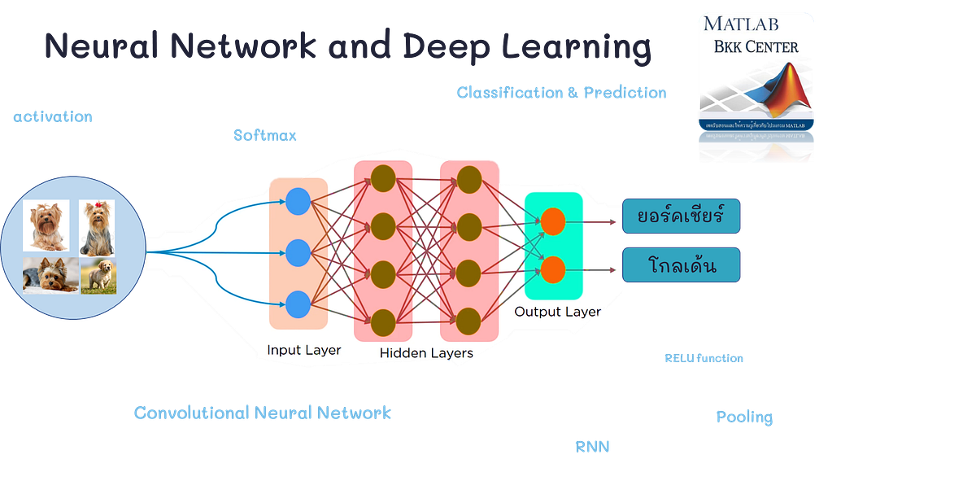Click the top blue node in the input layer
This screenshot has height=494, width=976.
click(298, 201)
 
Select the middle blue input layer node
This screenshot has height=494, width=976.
click(298, 252)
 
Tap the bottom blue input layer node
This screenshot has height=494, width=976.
click(298, 304)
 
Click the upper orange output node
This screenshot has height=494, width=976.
click(553, 221)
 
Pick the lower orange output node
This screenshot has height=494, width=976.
click(553, 269)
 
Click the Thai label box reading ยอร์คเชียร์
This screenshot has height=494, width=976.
click(682, 216)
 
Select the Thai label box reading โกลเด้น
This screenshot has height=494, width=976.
click(682, 264)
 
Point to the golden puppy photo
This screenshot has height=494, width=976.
click(98, 275)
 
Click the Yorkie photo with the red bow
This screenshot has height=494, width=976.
click(97, 227)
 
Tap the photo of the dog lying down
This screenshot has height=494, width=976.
click(46, 275)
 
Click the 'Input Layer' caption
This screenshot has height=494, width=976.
click(303, 350)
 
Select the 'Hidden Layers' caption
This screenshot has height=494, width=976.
click(425, 352)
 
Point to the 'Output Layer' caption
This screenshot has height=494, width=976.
click(557, 312)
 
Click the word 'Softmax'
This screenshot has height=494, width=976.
click(265, 135)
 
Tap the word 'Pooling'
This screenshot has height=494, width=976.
click(744, 417)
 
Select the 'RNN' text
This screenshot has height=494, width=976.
click(592, 446)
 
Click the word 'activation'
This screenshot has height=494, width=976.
click(52, 117)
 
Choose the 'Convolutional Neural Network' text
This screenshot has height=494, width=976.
click(262, 413)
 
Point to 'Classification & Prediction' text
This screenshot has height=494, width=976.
click(561, 93)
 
